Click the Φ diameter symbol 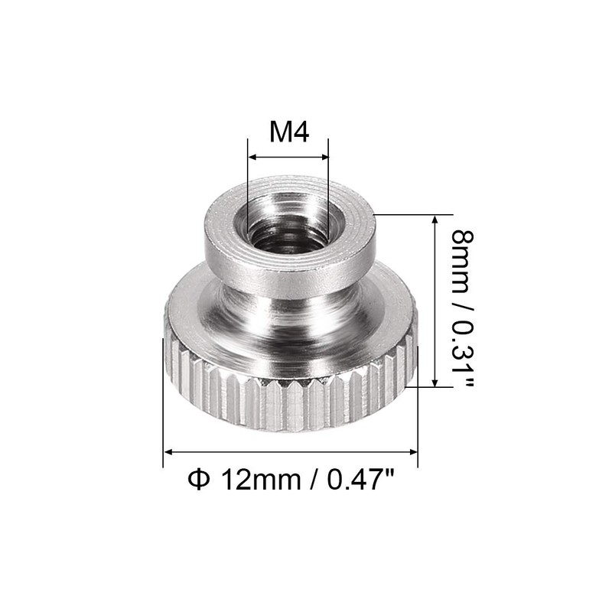tap(197, 481)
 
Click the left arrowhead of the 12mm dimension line tap(169, 451)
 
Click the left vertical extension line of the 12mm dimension tap(164, 405)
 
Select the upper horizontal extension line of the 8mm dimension tap(409, 216)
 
